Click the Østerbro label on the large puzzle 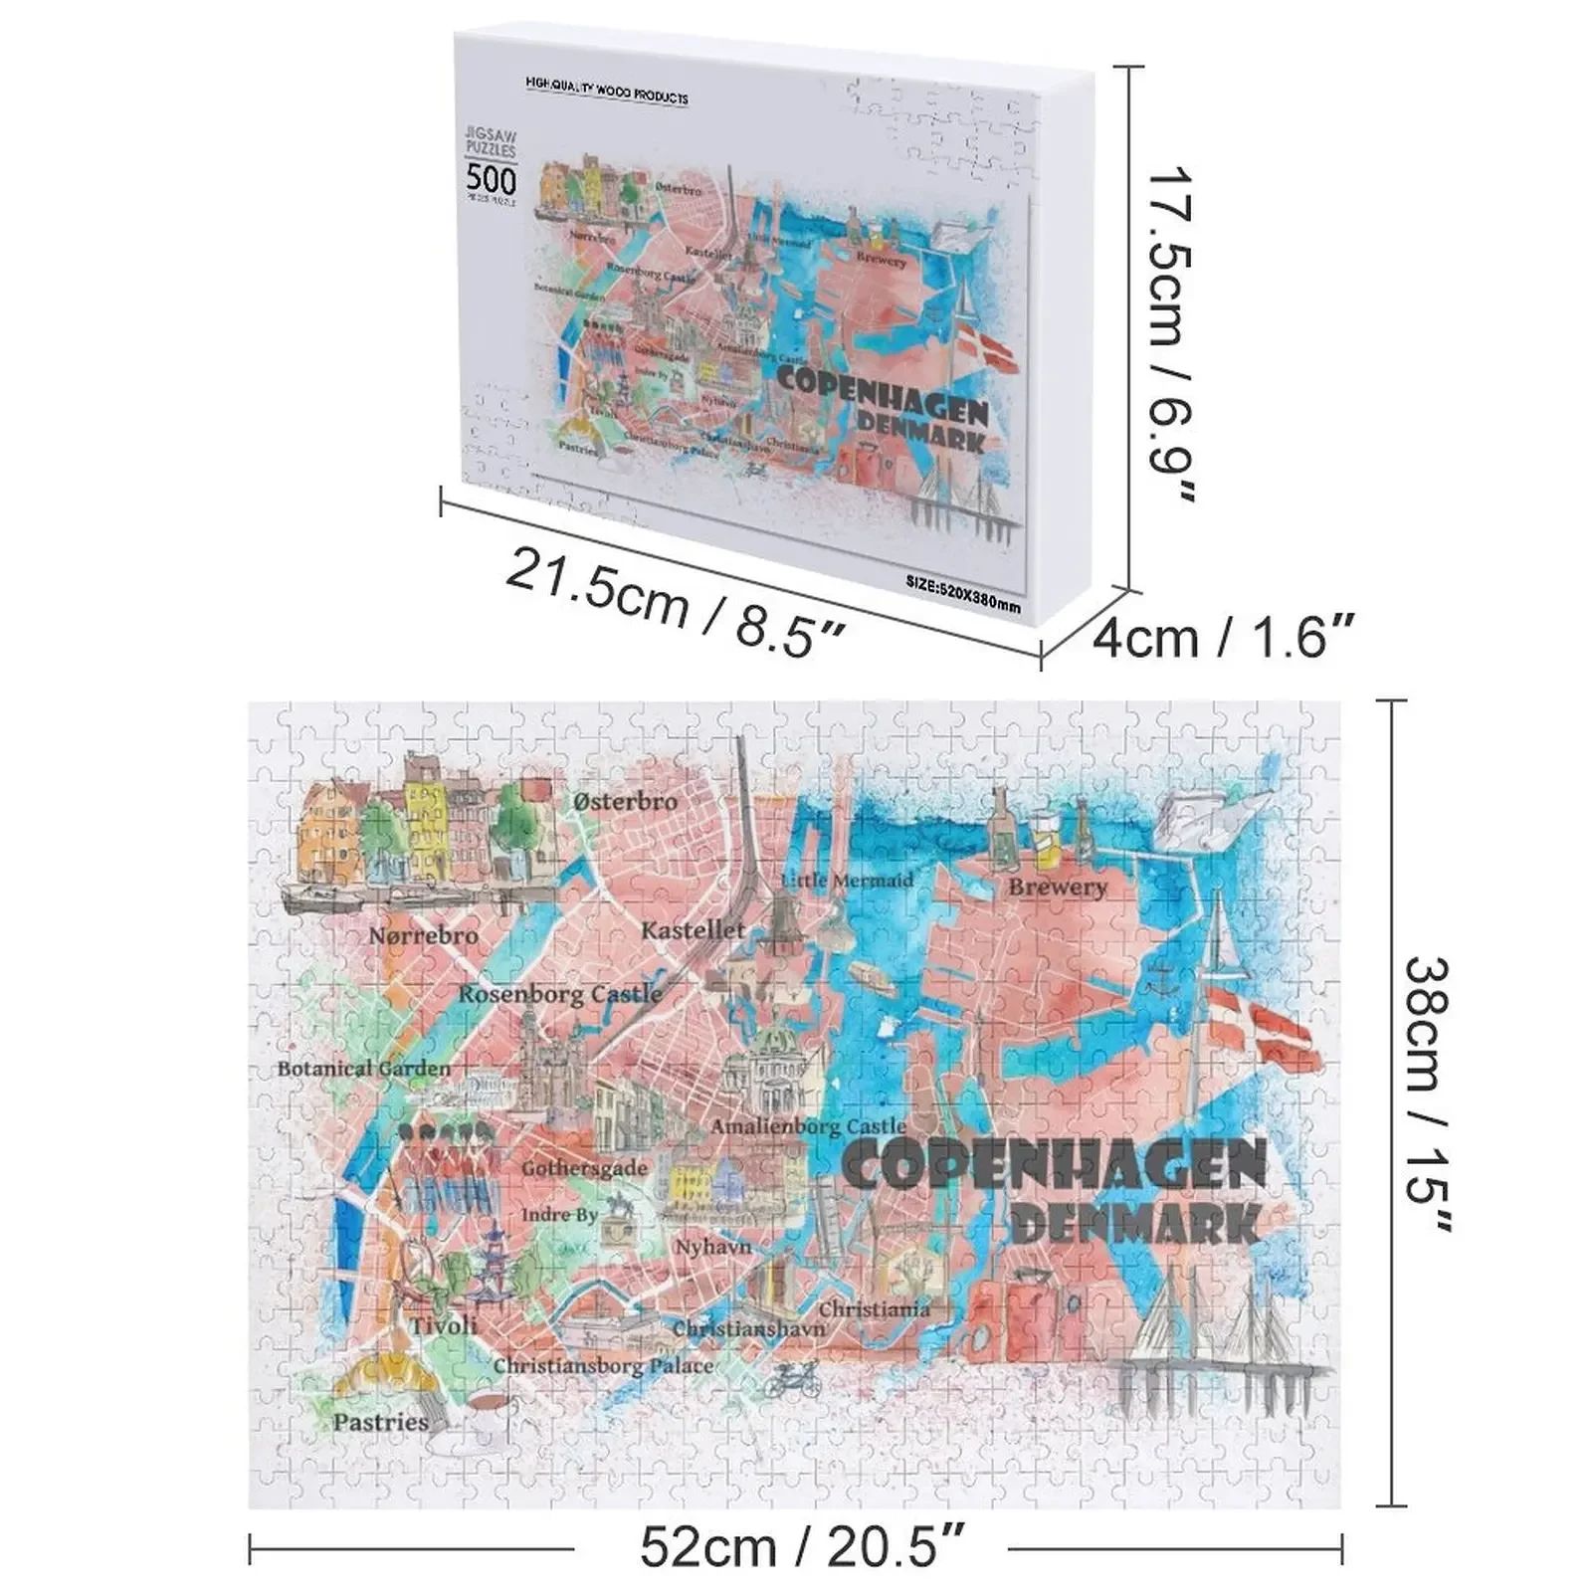click(626, 801)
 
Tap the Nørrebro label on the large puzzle click(423, 935)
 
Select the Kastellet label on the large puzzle click(693, 930)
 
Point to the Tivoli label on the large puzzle click(444, 1325)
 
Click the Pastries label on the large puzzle click(380, 1422)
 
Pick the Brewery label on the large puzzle click(1057, 887)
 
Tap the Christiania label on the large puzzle click(874, 1309)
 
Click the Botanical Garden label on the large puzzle click(363, 1069)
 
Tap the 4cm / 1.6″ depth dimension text click(1223, 636)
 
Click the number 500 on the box click(492, 180)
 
